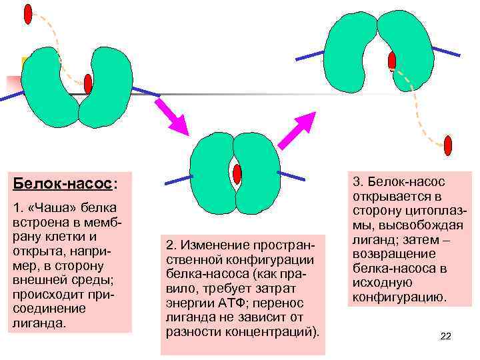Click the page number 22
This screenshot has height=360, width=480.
(x=446, y=337)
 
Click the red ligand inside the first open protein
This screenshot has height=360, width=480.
(x=88, y=84)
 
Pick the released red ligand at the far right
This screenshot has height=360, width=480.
(x=448, y=145)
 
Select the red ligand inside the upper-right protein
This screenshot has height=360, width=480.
(x=392, y=61)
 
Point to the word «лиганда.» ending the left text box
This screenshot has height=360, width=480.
(x=37, y=324)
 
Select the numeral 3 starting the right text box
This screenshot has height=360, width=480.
(x=357, y=182)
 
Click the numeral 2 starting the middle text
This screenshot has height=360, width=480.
(x=168, y=245)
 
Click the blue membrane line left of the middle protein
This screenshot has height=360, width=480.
(x=178, y=178)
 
